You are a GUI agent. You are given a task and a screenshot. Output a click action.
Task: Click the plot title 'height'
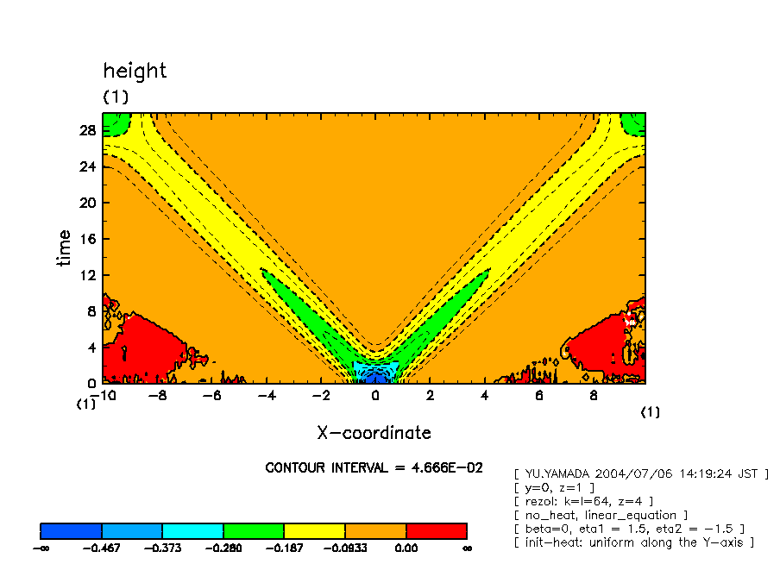[x=135, y=71]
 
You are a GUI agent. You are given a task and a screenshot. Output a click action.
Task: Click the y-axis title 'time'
[x=65, y=248]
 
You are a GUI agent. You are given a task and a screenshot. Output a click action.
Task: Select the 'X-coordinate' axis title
[x=374, y=432]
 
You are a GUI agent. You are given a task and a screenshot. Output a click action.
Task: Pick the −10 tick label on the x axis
[x=106, y=396]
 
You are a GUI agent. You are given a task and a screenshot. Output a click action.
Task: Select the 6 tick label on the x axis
[x=539, y=396]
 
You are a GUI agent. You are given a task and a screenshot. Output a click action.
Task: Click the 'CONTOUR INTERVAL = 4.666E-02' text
[x=374, y=467]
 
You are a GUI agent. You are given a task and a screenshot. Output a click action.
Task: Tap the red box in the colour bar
[x=437, y=530]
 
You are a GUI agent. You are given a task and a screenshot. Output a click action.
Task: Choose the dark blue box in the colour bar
[x=72, y=530]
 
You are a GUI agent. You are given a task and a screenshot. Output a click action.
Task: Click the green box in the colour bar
[x=254, y=530]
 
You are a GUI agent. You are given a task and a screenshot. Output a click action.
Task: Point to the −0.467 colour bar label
[x=102, y=548]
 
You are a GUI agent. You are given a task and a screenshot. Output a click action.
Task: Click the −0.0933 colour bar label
[x=345, y=548]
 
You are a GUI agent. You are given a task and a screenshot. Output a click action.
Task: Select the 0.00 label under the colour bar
[x=406, y=548]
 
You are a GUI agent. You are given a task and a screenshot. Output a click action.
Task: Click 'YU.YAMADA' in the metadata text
[x=557, y=473]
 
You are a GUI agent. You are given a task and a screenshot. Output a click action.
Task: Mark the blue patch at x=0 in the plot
[x=374, y=377]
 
